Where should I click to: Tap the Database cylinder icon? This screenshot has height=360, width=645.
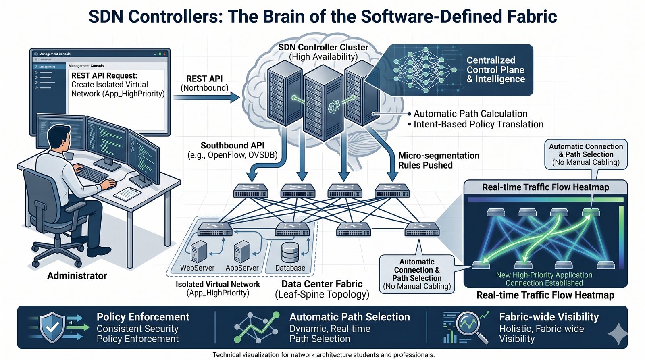click(290, 252)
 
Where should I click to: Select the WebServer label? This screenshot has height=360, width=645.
click(197, 268)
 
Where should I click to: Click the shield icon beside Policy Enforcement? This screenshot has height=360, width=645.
click(52, 327)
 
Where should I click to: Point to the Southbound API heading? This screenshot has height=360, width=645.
click(233, 146)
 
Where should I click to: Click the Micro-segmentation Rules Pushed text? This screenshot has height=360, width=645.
click(439, 160)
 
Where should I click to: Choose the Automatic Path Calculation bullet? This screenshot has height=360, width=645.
click(470, 114)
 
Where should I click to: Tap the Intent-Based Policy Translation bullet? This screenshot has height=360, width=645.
click(478, 125)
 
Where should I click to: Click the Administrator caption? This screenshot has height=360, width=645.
click(77, 276)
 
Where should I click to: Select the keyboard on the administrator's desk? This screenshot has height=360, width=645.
click(92, 173)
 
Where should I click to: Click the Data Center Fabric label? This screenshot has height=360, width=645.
click(322, 284)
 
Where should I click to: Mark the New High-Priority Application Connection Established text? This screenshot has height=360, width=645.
click(544, 279)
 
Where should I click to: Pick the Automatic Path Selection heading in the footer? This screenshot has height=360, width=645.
click(350, 317)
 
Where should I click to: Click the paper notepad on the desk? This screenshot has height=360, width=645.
click(127, 194)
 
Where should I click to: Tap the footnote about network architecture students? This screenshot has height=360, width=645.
click(323, 355)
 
